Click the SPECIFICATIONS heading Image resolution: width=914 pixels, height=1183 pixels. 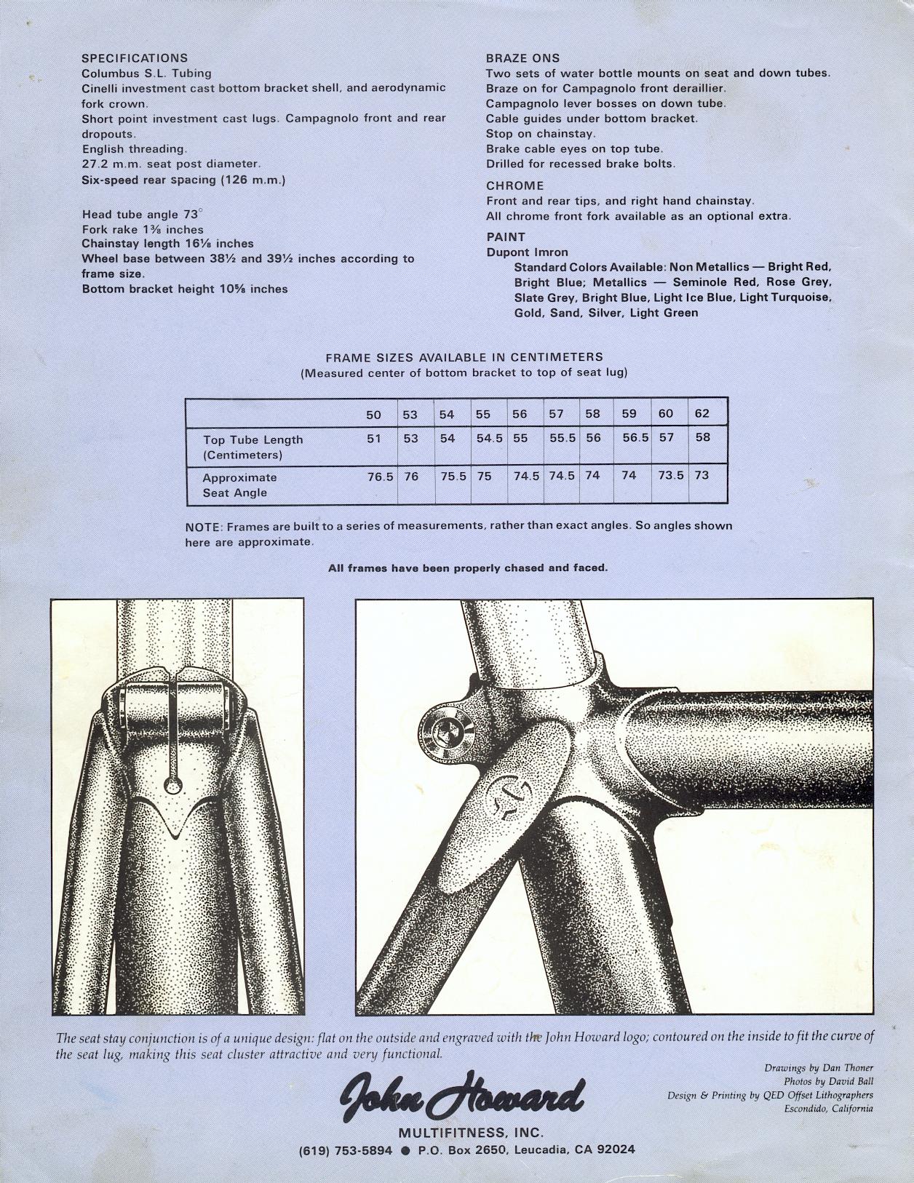tap(134, 58)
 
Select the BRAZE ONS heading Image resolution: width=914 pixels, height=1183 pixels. tap(522, 58)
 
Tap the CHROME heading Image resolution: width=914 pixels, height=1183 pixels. tap(514, 186)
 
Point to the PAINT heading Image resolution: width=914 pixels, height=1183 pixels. tap(505, 237)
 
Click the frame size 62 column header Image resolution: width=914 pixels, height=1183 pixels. tap(702, 414)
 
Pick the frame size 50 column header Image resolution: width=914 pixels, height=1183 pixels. tap(373, 415)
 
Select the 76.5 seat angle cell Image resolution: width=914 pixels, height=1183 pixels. tap(380, 475)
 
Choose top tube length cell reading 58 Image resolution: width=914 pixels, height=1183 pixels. tap(702, 437)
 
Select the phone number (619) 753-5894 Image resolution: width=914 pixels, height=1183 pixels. tap(346, 1150)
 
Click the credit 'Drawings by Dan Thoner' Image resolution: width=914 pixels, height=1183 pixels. tap(819, 1068)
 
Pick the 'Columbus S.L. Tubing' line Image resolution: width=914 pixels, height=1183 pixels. tap(146, 73)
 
